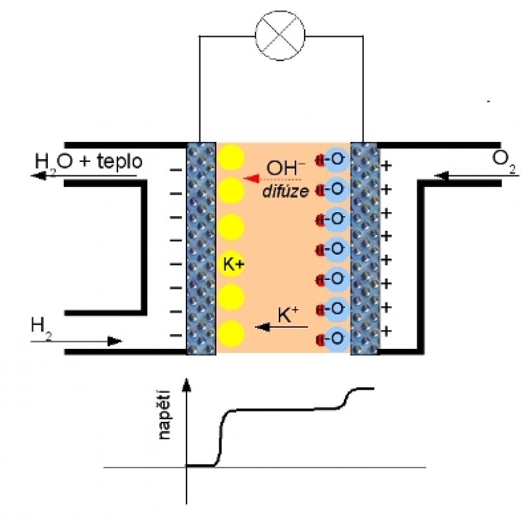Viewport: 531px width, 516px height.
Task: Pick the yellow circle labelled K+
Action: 232,263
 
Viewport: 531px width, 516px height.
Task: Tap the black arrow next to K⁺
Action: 281,328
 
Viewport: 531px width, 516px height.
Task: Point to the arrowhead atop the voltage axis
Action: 187,385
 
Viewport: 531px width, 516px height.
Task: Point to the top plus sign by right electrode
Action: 387,166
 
